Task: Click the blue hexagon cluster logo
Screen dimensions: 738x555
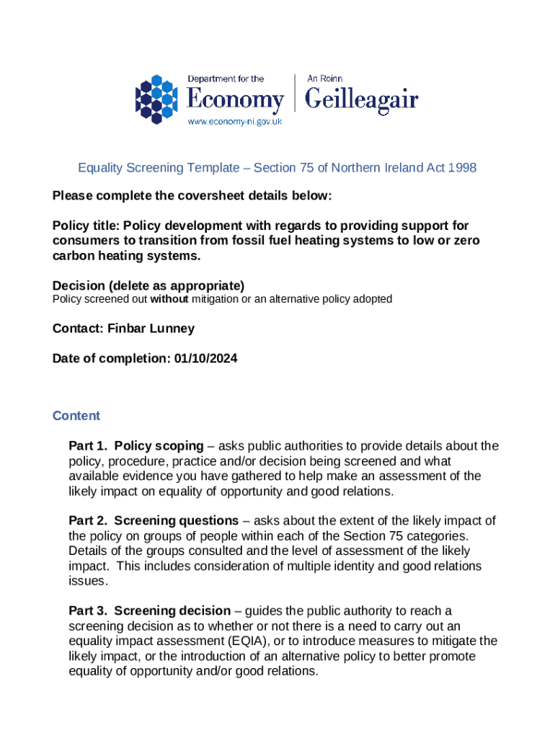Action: point(156,99)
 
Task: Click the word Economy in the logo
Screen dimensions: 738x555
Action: point(236,99)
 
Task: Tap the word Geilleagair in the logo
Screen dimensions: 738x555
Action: point(362,99)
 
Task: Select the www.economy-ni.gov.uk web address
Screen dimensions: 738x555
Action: point(235,122)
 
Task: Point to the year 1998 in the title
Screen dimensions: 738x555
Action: point(462,168)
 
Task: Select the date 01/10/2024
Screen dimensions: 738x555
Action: point(205,357)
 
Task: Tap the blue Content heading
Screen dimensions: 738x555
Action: point(76,416)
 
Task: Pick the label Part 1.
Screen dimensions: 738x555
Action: point(88,446)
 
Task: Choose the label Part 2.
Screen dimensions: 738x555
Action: point(88,521)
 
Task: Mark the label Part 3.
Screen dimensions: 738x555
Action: point(88,611)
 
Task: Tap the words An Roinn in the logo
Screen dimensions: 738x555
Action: point(324,78)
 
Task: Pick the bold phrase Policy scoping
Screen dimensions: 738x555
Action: point(156,446)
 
